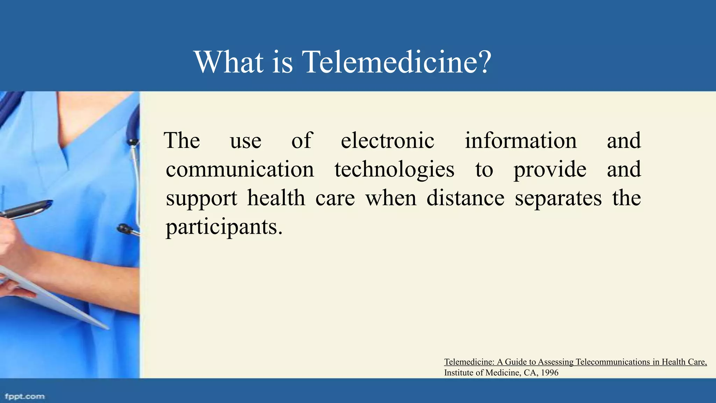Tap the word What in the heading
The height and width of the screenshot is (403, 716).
pos(229,62)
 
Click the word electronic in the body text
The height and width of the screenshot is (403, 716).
pos(387,141)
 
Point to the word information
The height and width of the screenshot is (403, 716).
pos(520,141)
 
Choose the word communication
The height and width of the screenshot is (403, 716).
pos(240,170)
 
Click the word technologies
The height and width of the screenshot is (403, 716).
pos(394,170)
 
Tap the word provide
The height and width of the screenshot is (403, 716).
pos(550,170)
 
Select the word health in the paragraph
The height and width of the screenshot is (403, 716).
pos(276,198)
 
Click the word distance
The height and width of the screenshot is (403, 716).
pos(465,198)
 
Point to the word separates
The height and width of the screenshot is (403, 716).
pos(558,198)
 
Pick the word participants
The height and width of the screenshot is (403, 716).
pos(224,227)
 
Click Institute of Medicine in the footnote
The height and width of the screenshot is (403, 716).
pos(482,373)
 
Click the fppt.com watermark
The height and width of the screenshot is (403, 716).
pos(25,396)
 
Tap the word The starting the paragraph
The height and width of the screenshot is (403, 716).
pos(182,141)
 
